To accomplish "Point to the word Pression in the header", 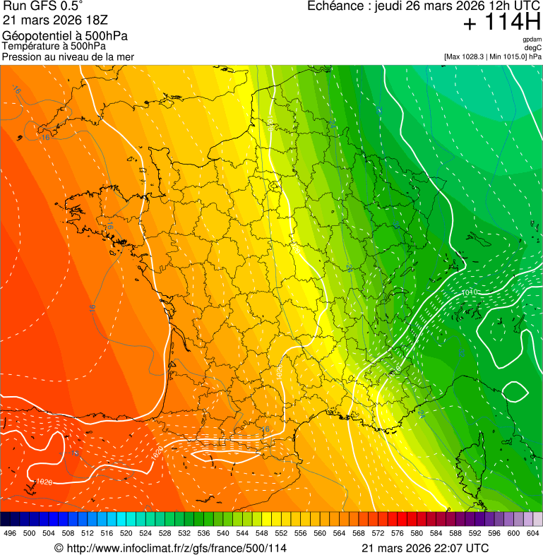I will click(21, 56).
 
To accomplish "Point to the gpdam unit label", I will click(532, 40).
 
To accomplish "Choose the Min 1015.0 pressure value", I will click(508, 56).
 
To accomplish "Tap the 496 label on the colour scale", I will click(10, 533).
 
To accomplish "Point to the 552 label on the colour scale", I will click(282, 533).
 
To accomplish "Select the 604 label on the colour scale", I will click(533, 533).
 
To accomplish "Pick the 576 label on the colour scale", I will click(398, 533).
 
